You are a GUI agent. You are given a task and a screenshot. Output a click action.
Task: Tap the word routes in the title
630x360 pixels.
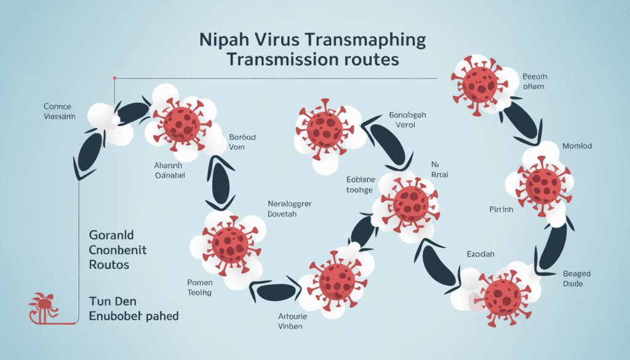tap(371, 60)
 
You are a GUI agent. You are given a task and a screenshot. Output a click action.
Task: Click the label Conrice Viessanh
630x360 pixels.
tap(59, 111)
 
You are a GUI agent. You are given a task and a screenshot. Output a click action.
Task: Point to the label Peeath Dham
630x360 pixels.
tap(535, 82)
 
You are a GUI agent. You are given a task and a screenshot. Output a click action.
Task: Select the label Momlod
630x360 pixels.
tap(577, 146)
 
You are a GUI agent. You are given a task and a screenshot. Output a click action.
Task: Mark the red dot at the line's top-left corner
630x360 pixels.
tap(114, 78)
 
